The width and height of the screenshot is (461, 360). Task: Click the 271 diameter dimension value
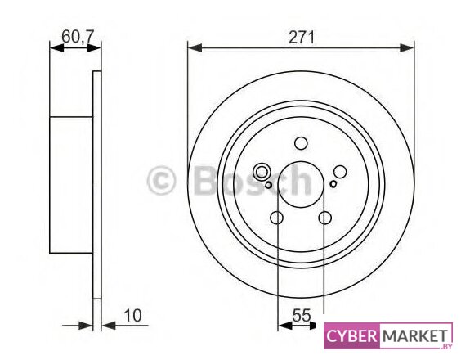[302, 38]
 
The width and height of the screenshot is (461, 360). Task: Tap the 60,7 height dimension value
[78, 37]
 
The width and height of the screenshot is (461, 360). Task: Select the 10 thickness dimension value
[132, 315]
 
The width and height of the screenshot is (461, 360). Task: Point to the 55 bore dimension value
[302, 315]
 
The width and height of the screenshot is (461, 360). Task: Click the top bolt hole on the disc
[301, 143]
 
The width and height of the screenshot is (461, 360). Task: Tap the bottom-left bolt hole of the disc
[276, 218]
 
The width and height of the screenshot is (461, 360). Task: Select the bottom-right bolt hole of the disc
[325, 218]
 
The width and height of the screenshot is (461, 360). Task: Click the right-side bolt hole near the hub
[340, 172]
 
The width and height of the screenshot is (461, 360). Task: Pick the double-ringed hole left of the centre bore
[262, 172]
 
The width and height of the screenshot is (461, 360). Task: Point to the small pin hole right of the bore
[333, 184]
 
